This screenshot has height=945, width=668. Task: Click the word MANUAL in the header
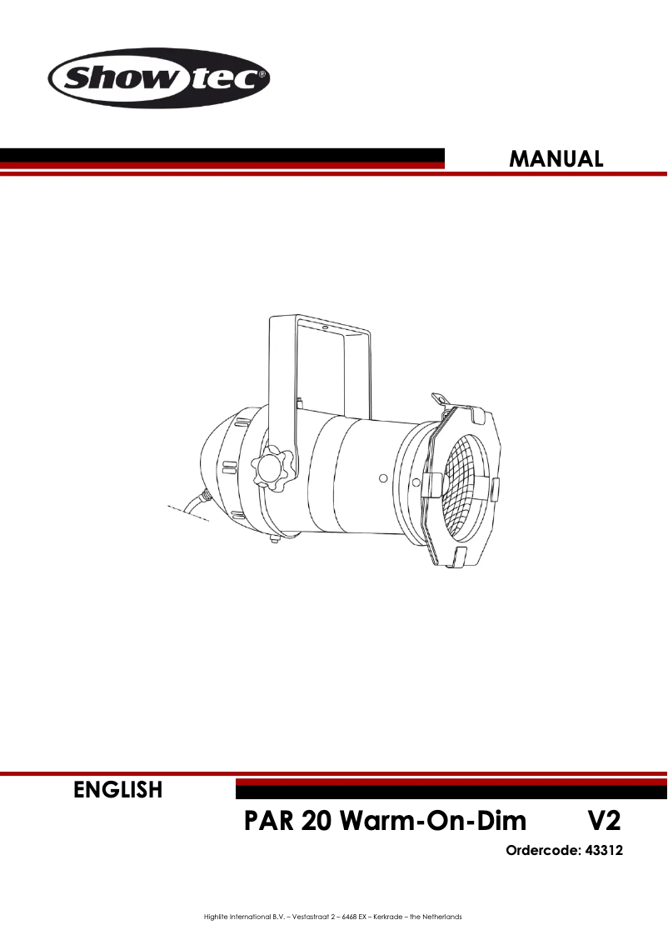click(x=556, y=158)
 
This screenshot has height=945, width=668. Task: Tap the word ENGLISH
click(x=118, y=789)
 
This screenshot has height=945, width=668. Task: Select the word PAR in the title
click(x=269, y=822)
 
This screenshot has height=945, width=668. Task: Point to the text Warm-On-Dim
click(x=434, y=822)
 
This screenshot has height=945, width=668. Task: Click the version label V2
click(x=600, y=822)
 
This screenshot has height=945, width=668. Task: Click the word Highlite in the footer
click(x=216, y=917)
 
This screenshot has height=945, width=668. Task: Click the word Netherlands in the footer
click(x=442, y=917)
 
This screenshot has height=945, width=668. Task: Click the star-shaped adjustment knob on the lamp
click(x=272, y=468)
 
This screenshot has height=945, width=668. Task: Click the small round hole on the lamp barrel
click(x=382, y=478)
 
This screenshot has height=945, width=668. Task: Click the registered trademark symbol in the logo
click(x=262, y=74)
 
